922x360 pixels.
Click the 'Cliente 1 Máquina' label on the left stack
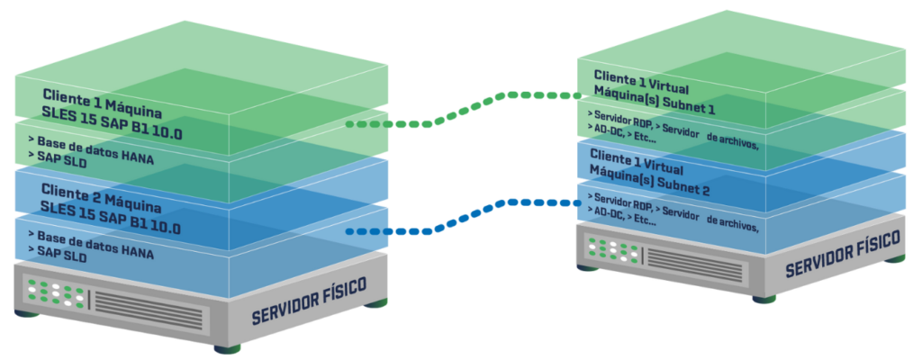pos(102,96)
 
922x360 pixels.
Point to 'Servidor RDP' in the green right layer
pos(616,120)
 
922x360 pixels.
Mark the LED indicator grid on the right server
pos(612,247)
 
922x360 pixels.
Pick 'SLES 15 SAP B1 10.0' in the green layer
pos(110,113)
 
